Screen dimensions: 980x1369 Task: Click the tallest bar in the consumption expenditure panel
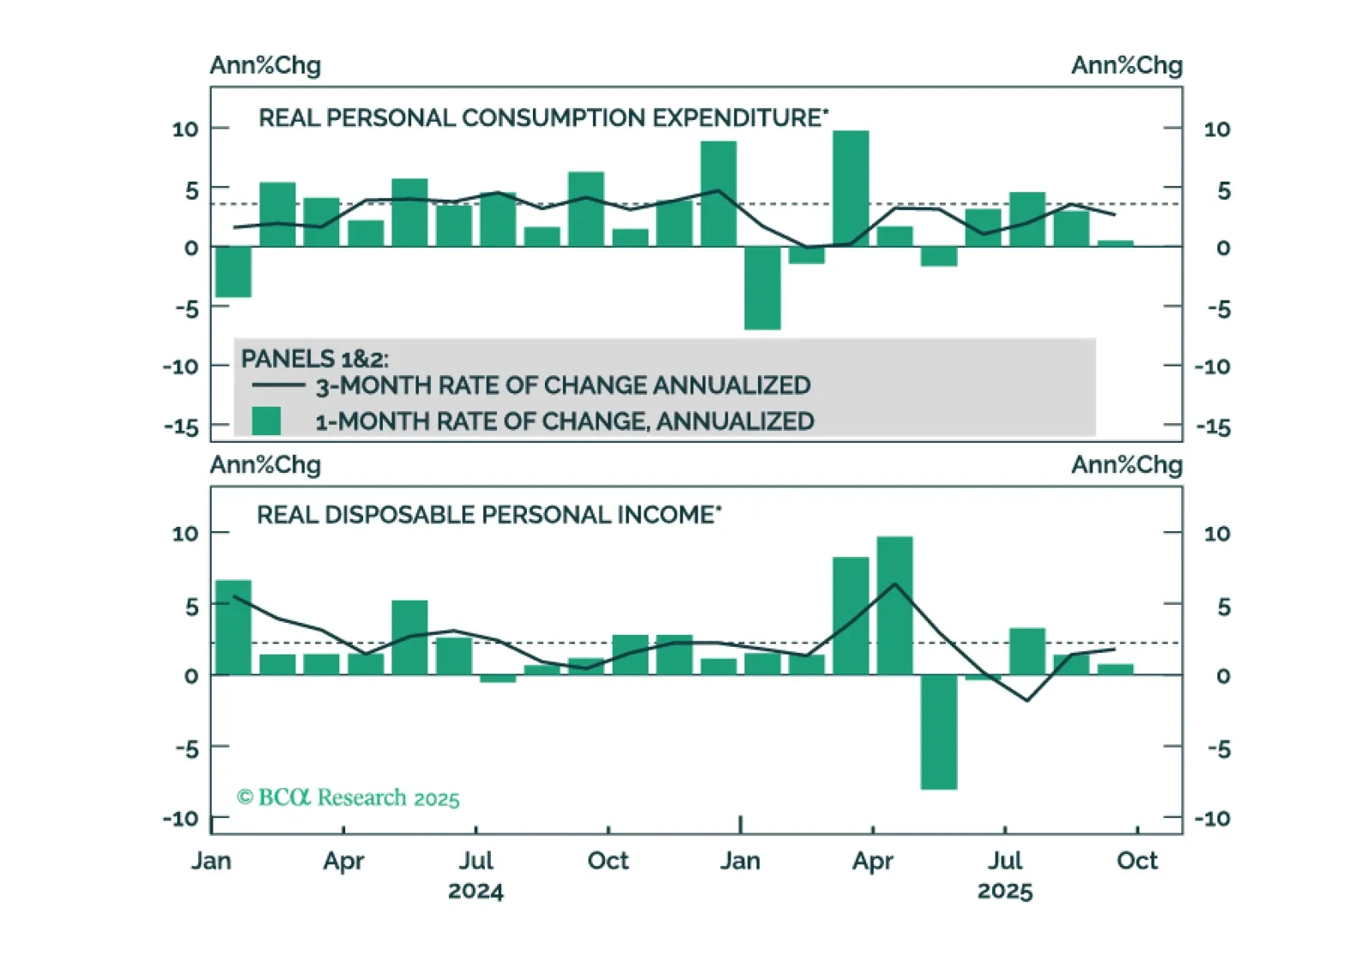(850, 188)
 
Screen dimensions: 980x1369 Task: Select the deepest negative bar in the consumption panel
(762, 288)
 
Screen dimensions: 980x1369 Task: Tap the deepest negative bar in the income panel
(938, 732)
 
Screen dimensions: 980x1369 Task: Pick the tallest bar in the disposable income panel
(894, 606)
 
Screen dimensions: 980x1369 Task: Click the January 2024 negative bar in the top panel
(233, 272)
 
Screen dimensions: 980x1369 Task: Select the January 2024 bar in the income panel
(233, 627)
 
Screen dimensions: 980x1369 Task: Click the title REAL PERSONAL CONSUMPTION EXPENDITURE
(543, 117)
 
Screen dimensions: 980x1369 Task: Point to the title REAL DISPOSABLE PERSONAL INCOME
(488, 515)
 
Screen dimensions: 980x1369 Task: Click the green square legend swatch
(266, 421)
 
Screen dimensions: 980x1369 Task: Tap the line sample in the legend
(278, 385)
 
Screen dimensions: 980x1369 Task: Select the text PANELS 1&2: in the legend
(314, 359)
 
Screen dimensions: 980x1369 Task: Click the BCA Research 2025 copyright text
(348, 798)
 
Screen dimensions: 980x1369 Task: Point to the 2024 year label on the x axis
(475, 891)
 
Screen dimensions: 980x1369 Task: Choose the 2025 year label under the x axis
(1005, 891)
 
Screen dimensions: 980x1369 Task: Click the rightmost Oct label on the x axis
(1137, 860)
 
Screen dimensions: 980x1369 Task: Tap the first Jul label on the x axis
(475, 860)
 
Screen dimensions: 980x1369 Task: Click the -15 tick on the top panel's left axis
(182, 427)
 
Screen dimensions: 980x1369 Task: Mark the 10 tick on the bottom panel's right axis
(1217, 534)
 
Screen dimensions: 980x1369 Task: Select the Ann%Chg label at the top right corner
(1127, 65)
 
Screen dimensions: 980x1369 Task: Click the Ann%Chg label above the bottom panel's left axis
(266, 464)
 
